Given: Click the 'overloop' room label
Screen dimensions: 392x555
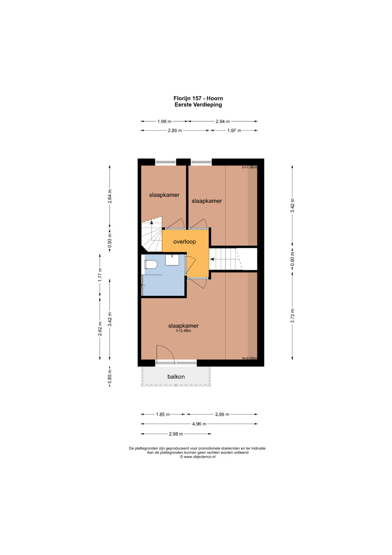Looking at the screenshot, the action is point(184,242).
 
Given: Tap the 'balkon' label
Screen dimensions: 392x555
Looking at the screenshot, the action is point(176,377).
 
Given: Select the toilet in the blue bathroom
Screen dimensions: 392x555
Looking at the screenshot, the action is point(151,264).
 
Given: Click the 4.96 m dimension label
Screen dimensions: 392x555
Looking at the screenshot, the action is point(199,424).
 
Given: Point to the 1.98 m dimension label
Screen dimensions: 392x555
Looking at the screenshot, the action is point(164,121).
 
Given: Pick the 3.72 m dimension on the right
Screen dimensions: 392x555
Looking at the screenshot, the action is point(293,316).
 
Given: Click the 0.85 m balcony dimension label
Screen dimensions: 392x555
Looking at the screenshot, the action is point(110,376).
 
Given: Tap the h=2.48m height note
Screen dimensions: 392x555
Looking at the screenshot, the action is point(183,330).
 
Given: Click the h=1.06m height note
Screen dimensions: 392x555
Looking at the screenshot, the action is point(250,167).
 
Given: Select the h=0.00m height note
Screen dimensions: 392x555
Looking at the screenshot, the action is point(250,358).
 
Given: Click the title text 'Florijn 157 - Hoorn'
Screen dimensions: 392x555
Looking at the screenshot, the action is point(198,98).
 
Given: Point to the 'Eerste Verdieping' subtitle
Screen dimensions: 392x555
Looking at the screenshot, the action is point(198,105).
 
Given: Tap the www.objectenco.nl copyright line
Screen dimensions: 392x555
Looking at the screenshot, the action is point(197,457).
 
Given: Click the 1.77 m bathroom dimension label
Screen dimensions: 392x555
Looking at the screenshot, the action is point(100,275).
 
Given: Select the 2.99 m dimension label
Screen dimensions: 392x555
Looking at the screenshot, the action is point(222,414).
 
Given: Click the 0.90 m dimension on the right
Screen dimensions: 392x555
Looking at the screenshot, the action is point(293,259).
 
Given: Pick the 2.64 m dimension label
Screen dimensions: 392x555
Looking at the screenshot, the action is point(110,196).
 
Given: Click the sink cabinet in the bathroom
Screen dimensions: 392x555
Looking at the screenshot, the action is point(172,260).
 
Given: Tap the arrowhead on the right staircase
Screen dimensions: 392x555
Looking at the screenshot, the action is point(212,259).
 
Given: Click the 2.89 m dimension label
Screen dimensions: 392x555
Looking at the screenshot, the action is point(175,130).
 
